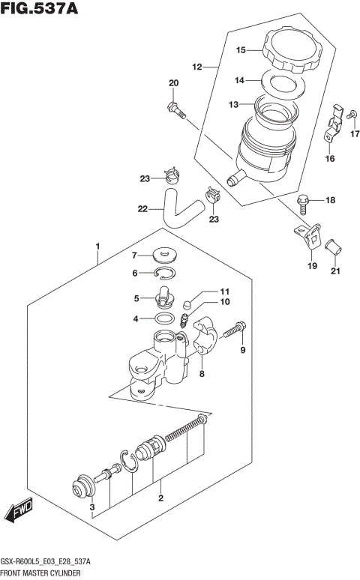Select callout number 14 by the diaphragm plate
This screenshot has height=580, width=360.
pyautogui.click(x=238, y=80)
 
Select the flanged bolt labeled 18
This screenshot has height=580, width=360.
pyautogui.click(x=303, y=201)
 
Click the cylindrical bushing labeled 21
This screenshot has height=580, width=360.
pyautogui.click(x=332, y=245)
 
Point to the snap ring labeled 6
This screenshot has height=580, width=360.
pyautogui.click(x=166, y=273)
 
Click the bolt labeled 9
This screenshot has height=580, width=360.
pyautogui.click(x=235, y=328)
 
